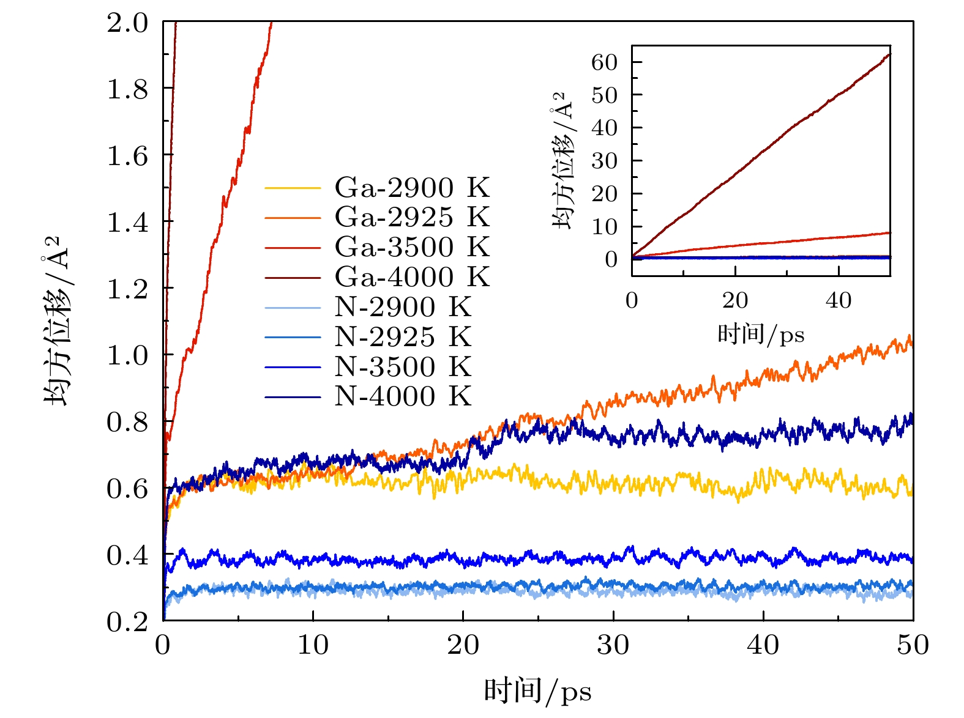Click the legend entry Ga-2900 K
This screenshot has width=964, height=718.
point(412,188)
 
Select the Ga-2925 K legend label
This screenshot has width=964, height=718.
point(412,218)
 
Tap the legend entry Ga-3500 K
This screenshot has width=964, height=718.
point(412,248)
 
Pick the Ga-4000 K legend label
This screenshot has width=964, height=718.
point(412,278)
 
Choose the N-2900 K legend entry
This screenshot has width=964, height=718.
point(403,308)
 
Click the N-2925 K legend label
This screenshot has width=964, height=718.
point(403,338)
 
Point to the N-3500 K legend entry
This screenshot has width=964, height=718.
point(403,368)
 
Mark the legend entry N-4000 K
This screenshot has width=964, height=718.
point(403,397)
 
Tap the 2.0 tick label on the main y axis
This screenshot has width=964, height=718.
point(128,24)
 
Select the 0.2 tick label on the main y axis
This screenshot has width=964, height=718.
point(128,623)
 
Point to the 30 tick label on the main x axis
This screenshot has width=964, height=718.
point(613,646)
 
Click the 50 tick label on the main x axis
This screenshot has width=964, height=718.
point(913,646)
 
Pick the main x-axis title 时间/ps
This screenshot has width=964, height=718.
point(538,692)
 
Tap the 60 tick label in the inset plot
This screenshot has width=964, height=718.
point(604,62)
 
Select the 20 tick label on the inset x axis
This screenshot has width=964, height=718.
point(735,301)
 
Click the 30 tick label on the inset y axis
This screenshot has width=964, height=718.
point(604,161)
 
